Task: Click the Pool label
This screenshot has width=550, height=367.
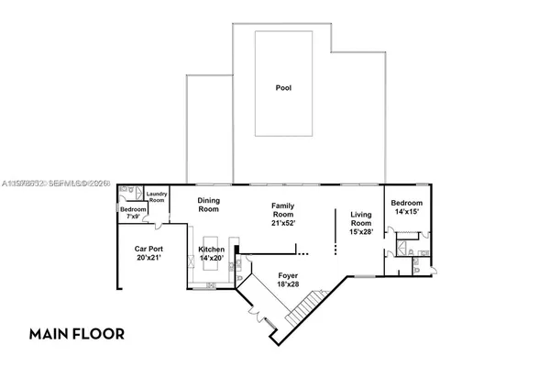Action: click(284, 89)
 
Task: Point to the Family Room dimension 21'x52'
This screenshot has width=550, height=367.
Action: click(288, 223)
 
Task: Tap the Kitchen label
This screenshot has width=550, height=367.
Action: click(212, 249)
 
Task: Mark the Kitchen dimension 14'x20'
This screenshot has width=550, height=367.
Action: click(212, 259)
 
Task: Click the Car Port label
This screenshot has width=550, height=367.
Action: click(149, 249)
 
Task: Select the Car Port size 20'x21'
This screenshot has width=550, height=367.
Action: click(149, 259)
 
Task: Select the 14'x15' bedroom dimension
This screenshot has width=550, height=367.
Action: click(407, 212)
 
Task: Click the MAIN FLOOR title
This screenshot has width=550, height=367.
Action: click(76, 332)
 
